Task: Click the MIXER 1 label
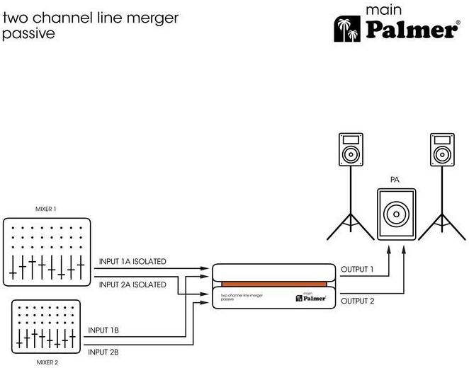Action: point(46,209)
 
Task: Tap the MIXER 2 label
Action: point(47,362)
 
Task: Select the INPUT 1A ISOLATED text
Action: point(132,261)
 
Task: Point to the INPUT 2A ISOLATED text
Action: point(132,284)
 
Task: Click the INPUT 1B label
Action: point(103,330)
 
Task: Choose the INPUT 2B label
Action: point(103,352)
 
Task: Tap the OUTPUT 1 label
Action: point(357,269)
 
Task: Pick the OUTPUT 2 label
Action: point(358,301)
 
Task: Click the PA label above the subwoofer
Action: point(395,180)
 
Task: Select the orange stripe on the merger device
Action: point(274,284)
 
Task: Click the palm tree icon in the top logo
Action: point(347,29)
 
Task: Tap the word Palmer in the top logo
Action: point(412,30)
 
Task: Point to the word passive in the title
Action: point(29,33)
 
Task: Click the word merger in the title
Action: point(152,18)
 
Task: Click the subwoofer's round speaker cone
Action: point(396,214)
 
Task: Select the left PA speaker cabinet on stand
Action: point(351,149)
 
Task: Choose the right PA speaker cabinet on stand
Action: point(442,149)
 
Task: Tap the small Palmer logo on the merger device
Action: point(311,297)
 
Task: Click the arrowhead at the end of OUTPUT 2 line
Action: point(404,250)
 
